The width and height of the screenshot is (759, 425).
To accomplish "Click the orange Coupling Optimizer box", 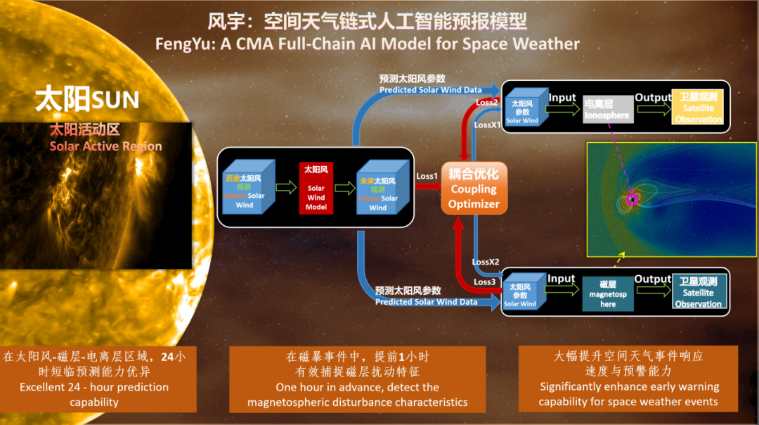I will (474, 188).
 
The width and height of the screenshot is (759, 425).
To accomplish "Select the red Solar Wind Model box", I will (316, 187).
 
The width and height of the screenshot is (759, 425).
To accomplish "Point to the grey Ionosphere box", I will (608, 110).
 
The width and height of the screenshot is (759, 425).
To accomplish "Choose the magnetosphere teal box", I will (608, 293).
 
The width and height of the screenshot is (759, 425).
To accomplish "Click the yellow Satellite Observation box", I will (698, 107).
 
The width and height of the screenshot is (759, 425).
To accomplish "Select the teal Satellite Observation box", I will (698, 293).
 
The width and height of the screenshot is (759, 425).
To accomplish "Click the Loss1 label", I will (427, 176).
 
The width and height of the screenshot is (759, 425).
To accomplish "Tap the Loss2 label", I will (486, 102).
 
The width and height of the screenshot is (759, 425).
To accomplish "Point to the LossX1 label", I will (487, 125).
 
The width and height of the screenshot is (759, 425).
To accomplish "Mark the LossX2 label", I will (485, 262).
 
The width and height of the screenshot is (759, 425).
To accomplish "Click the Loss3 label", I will (484, 282).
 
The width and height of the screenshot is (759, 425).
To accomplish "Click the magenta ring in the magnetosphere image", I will (632, 200).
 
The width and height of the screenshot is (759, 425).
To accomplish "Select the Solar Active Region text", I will (105, 146).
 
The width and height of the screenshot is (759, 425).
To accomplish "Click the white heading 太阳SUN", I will (87, 99).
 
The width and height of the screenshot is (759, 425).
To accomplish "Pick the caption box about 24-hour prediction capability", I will (98, 379).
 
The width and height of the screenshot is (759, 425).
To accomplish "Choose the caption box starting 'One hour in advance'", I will (357, 379).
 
